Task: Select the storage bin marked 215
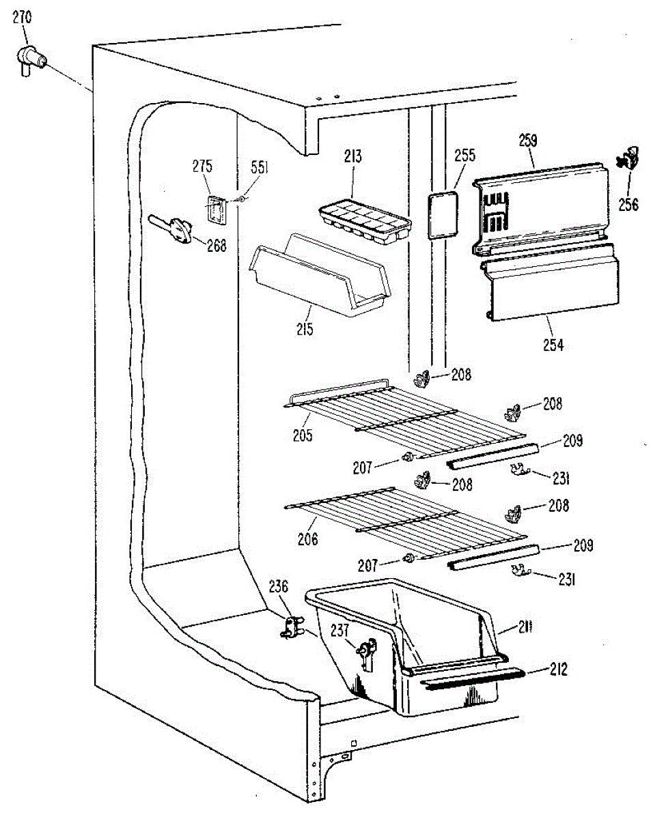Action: point(320,274)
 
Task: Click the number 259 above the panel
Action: point(527,142)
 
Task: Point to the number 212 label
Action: point(558,669)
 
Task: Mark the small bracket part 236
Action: point(292,626)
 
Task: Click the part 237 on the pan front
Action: point(366,652)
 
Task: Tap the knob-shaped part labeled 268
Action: point(179,229)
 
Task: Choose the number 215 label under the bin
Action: point(305,330)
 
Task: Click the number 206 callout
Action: point(307,539)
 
